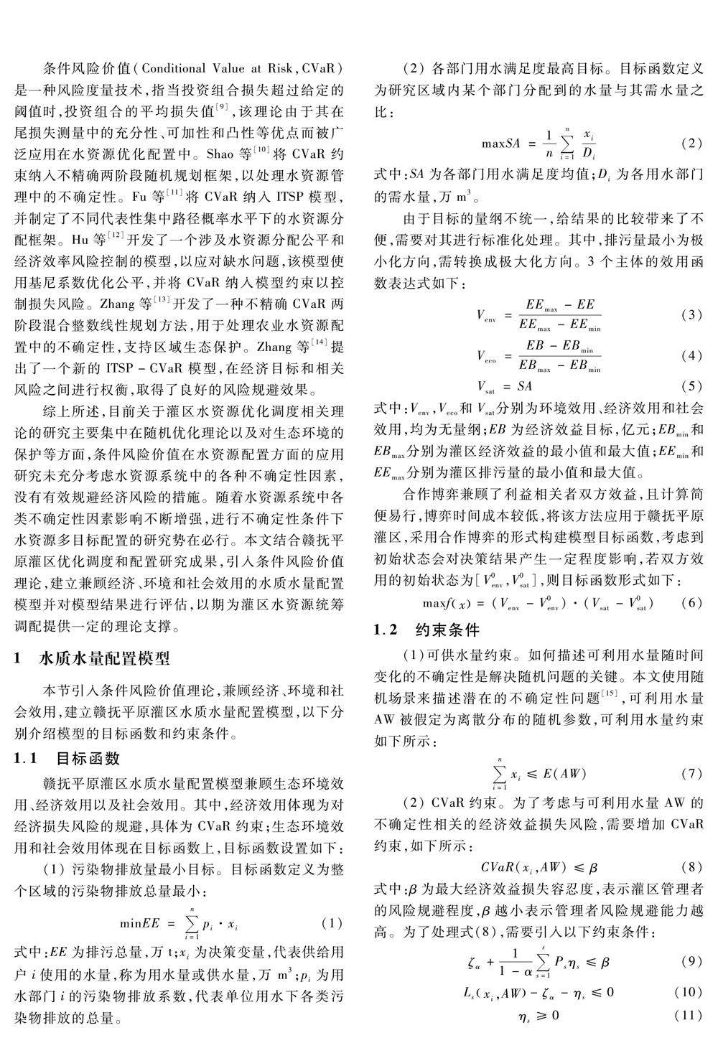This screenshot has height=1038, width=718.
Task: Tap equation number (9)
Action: pos(690,961)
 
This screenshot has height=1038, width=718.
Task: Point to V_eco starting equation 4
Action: pos(485,355)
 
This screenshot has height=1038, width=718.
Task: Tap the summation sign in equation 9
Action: pos(544,960)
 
